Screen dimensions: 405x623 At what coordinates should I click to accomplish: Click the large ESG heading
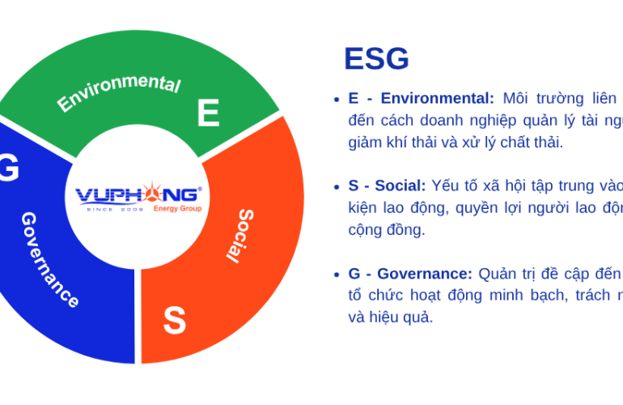[x=376, y=59]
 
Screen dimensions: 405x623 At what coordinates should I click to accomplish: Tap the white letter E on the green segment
[x=208, y=113]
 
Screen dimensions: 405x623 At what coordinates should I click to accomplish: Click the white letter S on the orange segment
[x=174, y=321]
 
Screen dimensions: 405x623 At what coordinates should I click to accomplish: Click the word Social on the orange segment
[x=239, y=235]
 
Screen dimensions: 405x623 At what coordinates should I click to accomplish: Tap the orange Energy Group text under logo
[x=177, y=209]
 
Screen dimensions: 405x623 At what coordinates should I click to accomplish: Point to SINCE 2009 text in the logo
[x=114, y=209]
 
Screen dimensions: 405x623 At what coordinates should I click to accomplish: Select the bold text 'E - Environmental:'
[x=421, y=99]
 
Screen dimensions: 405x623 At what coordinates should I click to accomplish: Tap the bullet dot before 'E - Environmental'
[x=336, y=100]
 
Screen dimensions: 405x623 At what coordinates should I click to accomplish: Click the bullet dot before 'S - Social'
[x=336, y=187]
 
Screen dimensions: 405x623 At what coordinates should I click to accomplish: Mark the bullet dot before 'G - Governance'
[x=336, y=275]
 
